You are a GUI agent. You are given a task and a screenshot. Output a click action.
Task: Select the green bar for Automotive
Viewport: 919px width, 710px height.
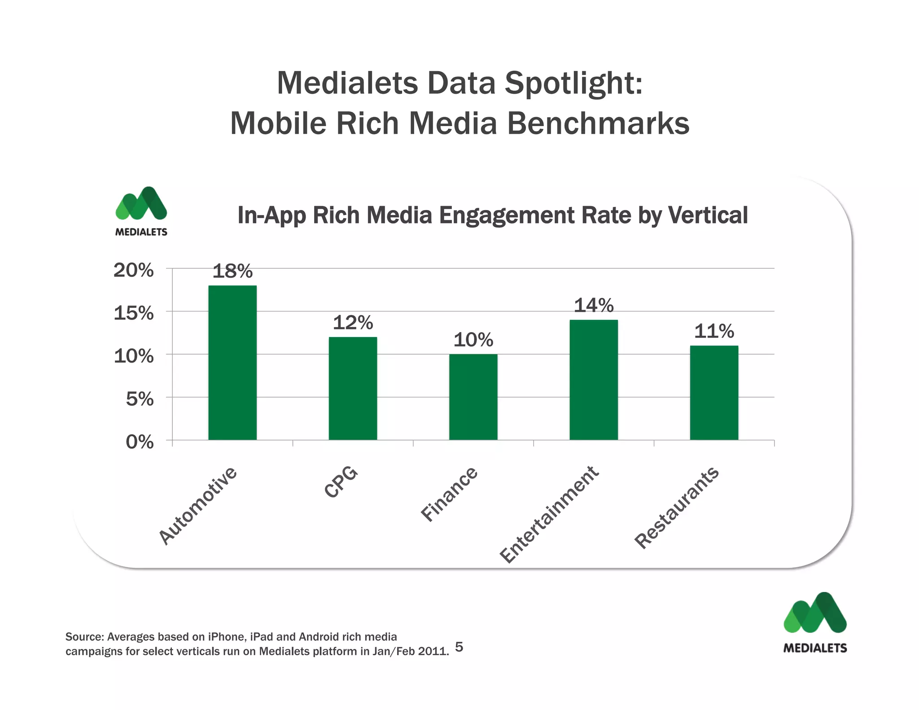click(232, 363)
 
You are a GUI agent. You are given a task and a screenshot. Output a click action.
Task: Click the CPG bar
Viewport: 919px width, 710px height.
click(353, 388)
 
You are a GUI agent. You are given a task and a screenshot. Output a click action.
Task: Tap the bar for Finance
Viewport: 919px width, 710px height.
click(473, 397)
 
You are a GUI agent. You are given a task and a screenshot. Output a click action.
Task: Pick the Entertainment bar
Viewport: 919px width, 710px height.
click(594, 380)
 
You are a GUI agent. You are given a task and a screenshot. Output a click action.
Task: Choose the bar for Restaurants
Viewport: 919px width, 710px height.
click(714, 393)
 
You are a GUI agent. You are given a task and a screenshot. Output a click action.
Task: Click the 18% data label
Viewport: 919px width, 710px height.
click(232, 272)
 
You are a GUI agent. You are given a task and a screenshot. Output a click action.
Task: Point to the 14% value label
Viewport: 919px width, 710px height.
click(594, 306)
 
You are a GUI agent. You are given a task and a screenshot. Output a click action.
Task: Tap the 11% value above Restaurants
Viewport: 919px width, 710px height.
click(714, 332)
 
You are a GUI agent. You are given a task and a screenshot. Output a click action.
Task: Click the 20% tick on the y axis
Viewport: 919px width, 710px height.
click(133, 270)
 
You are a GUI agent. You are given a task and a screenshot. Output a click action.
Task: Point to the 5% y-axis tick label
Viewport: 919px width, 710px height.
click(140, 399)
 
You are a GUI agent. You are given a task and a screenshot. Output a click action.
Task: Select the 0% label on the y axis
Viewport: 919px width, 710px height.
click(140, 442)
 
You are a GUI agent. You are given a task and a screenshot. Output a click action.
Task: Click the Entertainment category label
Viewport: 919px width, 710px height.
click(550, 514)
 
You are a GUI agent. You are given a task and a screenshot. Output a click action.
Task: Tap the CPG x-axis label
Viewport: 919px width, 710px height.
click(341, 482)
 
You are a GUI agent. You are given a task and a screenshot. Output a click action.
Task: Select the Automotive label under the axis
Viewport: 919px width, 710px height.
click(198, 505)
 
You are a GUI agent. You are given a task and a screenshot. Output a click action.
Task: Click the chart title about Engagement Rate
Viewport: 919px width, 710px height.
click(492, 215)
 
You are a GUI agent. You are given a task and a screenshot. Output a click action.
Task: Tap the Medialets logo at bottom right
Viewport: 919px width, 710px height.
click(815, 622)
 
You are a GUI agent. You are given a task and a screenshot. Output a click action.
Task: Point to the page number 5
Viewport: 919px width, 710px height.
click(459, 647)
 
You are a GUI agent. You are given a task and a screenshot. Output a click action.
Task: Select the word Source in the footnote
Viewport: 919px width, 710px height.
click(84, 637)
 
